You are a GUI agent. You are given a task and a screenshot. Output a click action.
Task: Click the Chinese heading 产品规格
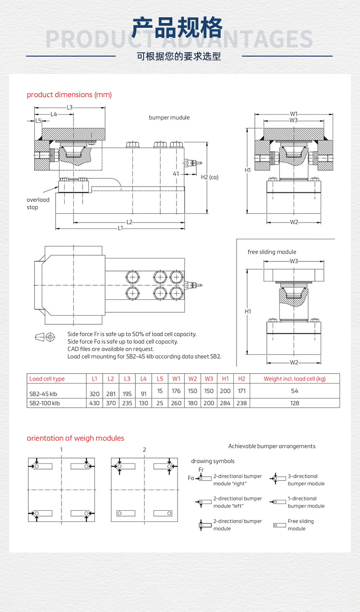(178, 28)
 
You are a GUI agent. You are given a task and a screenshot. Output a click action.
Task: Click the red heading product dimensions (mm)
(69, 94)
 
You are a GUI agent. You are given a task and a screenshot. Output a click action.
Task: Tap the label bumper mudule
(169, 118)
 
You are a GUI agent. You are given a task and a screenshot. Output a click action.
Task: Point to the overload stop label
(38, 203)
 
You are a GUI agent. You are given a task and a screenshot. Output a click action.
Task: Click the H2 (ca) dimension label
(209, 177)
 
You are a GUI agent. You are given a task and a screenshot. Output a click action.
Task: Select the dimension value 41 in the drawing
(176, 174)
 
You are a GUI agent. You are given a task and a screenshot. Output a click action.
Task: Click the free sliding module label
(272, 252)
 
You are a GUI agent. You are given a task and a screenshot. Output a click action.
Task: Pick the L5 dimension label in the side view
(39, 121)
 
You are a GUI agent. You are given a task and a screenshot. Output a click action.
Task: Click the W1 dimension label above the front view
(294, 114)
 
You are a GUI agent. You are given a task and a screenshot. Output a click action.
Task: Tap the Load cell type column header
(47, 379)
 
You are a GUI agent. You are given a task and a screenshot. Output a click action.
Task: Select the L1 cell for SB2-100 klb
(95, 403)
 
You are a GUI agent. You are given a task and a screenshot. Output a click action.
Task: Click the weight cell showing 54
(295, 391)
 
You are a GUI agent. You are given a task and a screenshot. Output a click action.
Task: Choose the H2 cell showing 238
(241, 403)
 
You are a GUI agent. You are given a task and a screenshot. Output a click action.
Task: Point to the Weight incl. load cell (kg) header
(295, 379)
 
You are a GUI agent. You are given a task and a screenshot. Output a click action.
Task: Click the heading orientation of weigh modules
(75, 438)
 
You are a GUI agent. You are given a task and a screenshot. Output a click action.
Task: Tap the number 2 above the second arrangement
(144, 449)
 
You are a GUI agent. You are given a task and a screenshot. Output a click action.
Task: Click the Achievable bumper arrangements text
(272, 446)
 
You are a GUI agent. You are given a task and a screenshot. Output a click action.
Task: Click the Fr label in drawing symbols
(201, 469)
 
